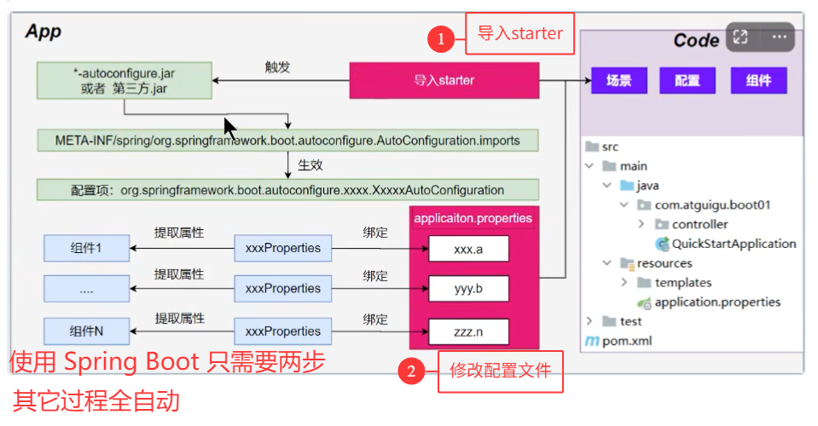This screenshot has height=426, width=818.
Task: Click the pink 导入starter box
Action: pyautogui.click(x=444, y=81)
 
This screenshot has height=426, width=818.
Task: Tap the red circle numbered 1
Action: pyautogui.click(x=440, y=38)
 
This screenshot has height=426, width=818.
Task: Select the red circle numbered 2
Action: pyautogui.click(x=411, y=371)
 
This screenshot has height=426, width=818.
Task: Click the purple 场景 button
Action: pyautogui.click(x=618, y=81)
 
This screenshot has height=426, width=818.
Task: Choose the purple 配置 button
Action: pyautogui.click(x=687, y=81)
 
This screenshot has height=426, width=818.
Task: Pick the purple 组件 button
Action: pyautogui.click(x=758, y=81)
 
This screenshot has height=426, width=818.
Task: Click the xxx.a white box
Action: pyautogui.click(x=468, y=248)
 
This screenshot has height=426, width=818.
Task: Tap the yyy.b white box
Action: pyautogui.click(x=468, y=289)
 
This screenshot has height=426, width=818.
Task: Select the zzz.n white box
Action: pyautogui.click(x=468, y=331)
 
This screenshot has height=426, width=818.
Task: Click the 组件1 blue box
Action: pyautogui.click(x=85, y=248)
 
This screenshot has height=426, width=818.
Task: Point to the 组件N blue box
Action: pyautogui.click(x=85, y=331)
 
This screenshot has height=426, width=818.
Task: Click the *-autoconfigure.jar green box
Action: pyautogui.click(x=124, y=80)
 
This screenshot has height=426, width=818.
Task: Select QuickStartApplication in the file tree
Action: pyautogui.click(x=733, y=244)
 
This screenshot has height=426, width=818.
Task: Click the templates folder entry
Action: pyautogui.click(x=682, y=283)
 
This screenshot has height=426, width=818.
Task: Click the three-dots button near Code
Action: pyautogui.click(x=779, y=37)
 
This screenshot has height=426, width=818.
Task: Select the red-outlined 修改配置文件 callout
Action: pyautogui.click(x=501, y=371)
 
